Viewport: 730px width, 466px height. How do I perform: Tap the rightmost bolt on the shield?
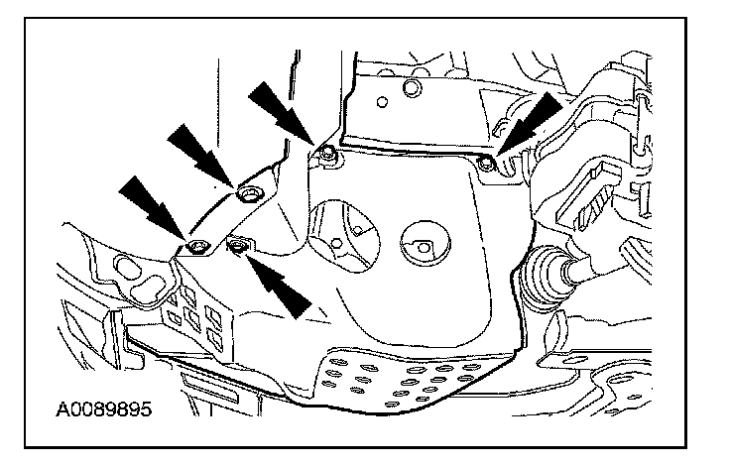pyautogui.click(x=485, y=163)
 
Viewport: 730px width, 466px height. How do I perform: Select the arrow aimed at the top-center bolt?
pyautogui.click(x=280, y=111)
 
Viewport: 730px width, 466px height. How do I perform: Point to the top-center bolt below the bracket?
pyautogui.click(x=327, y=155)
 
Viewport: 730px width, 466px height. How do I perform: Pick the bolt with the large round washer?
pyautogui.click(x=248, y=192)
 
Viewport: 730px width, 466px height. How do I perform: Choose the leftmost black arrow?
pyautogui.click(x=149, y=205)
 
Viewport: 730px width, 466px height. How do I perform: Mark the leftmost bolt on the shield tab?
pyautogui.click(x=196, y=245)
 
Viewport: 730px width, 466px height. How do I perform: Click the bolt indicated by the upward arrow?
pyautogui.click(x=237, y=243)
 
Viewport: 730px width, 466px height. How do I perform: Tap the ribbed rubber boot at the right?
pyautogui.click(x=544, y=268)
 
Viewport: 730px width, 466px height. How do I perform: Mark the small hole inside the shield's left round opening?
pyautogui.click(x=338, y=244)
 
